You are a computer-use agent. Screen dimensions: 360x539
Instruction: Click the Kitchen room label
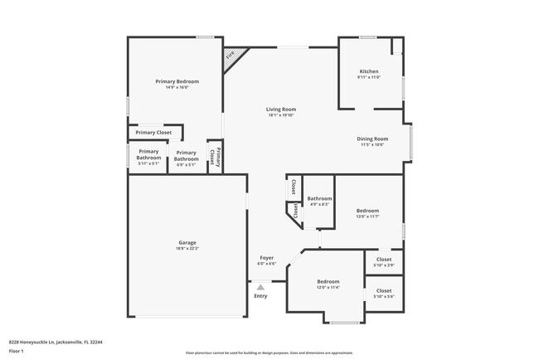pyautogui.click(x=369, y=71)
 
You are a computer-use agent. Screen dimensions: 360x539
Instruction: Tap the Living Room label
pyautogui.click(x=281, y=109)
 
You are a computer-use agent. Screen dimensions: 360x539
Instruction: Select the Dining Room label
pyautogui.click(x=371, y=139)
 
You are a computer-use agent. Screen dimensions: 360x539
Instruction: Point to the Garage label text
pyautogui.click(x=187, y=243)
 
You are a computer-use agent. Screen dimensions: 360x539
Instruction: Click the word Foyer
pyautogui.click(x=266, y=258)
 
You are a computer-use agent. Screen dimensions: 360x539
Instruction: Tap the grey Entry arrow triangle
pyautogui.click(x=260, y=287)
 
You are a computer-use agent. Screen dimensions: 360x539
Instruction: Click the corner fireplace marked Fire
pyautogui.click(x=231, y=56)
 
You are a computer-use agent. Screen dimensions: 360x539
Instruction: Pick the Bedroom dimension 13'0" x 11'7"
pyautogui.click(x=367, y=216)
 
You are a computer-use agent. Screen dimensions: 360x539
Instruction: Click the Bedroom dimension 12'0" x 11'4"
pyautogui.click(x=328, y=288)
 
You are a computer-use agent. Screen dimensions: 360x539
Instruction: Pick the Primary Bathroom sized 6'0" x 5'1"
pyautogui.click(x=186, y=158)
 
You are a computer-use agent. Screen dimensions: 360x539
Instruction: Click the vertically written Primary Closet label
pyautogui.click(x=214, y=156)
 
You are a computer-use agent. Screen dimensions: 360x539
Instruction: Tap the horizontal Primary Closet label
pyautogui.click(x=153, y=133)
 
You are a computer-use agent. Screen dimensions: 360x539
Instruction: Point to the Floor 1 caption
pyautogui.click(x=17, y=351)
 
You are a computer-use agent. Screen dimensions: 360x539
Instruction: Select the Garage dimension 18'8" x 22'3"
pyautogui.click(x=187, y=249)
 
